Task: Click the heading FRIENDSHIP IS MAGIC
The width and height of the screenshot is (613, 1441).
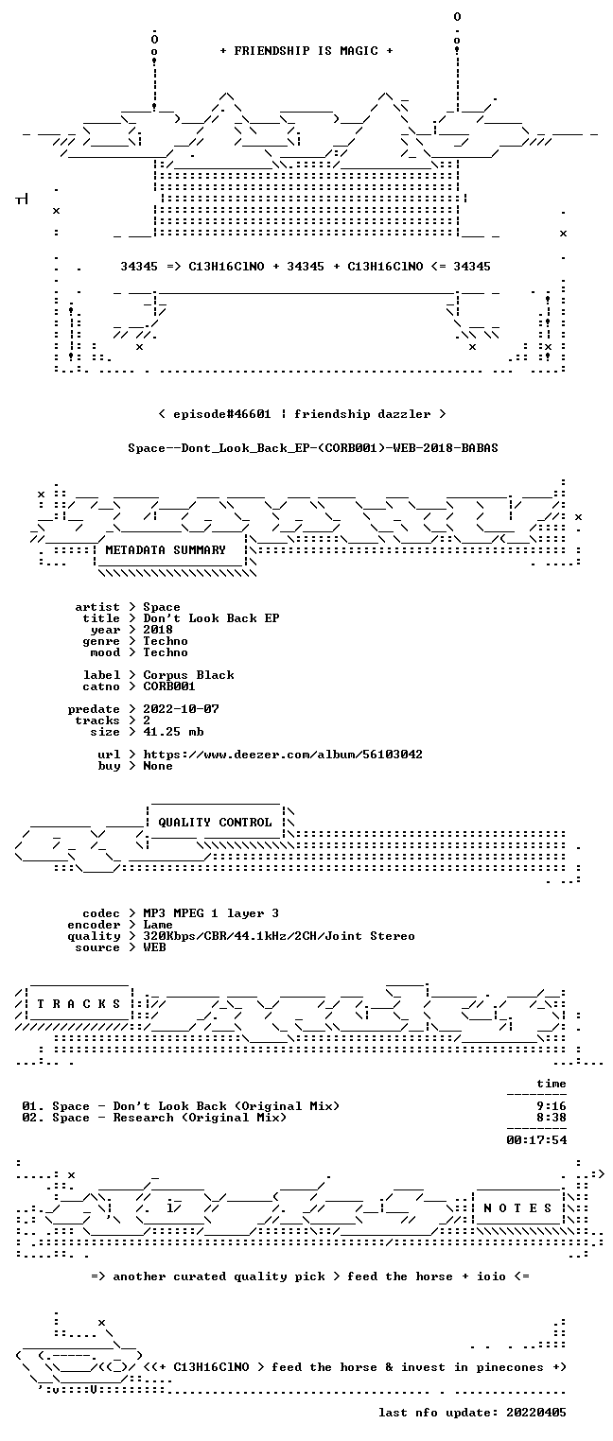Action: point(306,51)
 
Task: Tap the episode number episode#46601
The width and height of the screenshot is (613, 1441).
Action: point(222,413)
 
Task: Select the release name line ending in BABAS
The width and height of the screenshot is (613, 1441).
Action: point(313,448)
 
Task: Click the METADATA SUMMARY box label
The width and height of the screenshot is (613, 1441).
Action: point(166,550)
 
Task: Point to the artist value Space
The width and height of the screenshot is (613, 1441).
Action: point(162,607)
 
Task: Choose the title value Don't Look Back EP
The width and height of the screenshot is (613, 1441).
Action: point(211,618)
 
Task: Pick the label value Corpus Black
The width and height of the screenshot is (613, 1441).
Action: point(188,675)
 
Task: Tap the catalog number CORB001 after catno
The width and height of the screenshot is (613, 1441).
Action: point(169,686)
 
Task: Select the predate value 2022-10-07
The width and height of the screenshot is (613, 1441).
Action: point(181,709)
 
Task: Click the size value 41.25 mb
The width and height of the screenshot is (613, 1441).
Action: point(173,732)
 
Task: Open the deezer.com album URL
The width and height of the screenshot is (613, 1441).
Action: point(283,754)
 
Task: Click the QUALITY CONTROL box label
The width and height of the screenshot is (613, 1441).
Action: point(215,822)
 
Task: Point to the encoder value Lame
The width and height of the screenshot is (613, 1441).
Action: point(158,925)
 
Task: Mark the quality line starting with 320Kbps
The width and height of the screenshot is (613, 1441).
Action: point(279,936)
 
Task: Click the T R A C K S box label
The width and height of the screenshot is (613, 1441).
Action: point(79,1003)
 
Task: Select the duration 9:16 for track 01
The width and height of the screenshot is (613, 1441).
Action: point(552,1106)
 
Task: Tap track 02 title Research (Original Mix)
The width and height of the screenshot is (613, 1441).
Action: point(200,1118)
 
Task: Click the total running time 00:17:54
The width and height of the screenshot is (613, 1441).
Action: point(536,1140)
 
